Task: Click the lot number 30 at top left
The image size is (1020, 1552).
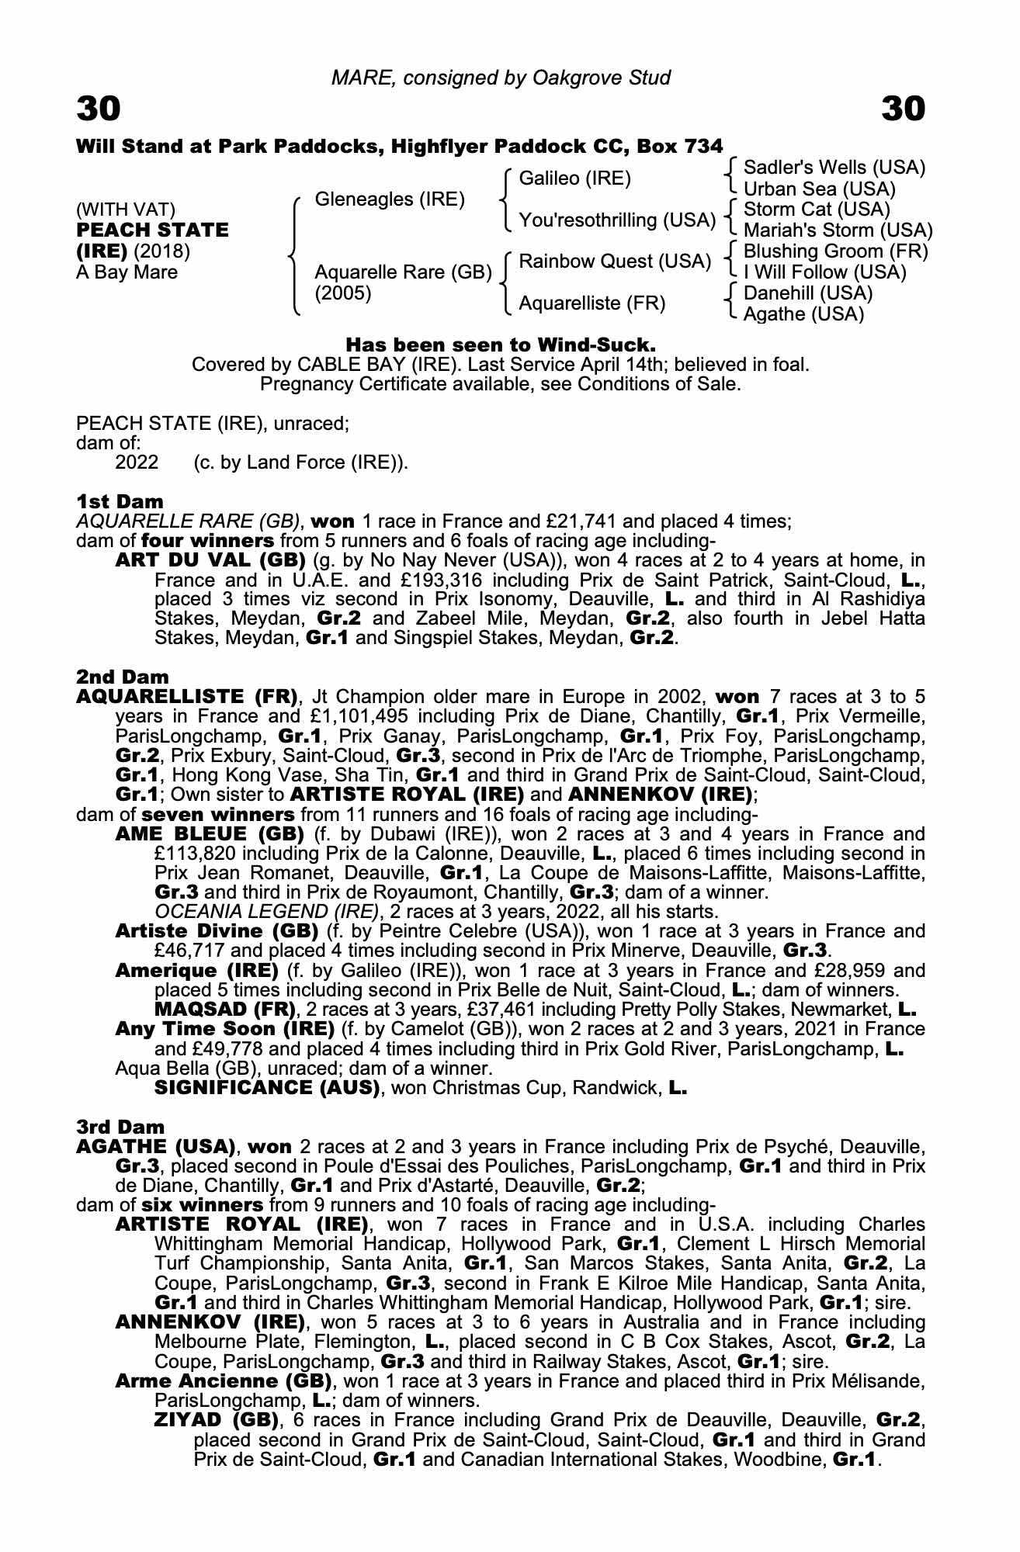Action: tap(99, 109)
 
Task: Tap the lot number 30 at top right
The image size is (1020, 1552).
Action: tap(904, 109)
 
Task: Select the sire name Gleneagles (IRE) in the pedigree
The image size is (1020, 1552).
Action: tap(390, 199)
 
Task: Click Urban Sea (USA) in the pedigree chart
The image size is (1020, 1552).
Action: tap(820, 189)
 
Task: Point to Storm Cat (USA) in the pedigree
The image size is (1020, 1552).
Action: tap(817, 210)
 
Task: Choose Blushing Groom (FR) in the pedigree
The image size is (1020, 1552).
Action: tap(835, 251)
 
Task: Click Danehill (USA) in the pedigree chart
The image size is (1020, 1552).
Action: tap(808, 293)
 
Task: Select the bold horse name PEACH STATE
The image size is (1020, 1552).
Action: tap(152, 230)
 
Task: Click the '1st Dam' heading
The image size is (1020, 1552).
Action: tap(120, 501)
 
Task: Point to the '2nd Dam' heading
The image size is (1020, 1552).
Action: tap(122, 677)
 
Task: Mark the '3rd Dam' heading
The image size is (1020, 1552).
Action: tap(121, 1127)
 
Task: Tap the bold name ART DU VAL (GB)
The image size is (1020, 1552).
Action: tap(210, 560)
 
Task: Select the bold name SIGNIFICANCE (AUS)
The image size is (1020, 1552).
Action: tap(267, 1088)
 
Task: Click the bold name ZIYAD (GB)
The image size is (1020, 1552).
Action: tap(216, 1421)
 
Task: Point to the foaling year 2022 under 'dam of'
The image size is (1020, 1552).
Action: tap(137, 463)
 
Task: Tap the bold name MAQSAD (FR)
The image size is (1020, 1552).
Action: tap(225, 1010)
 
